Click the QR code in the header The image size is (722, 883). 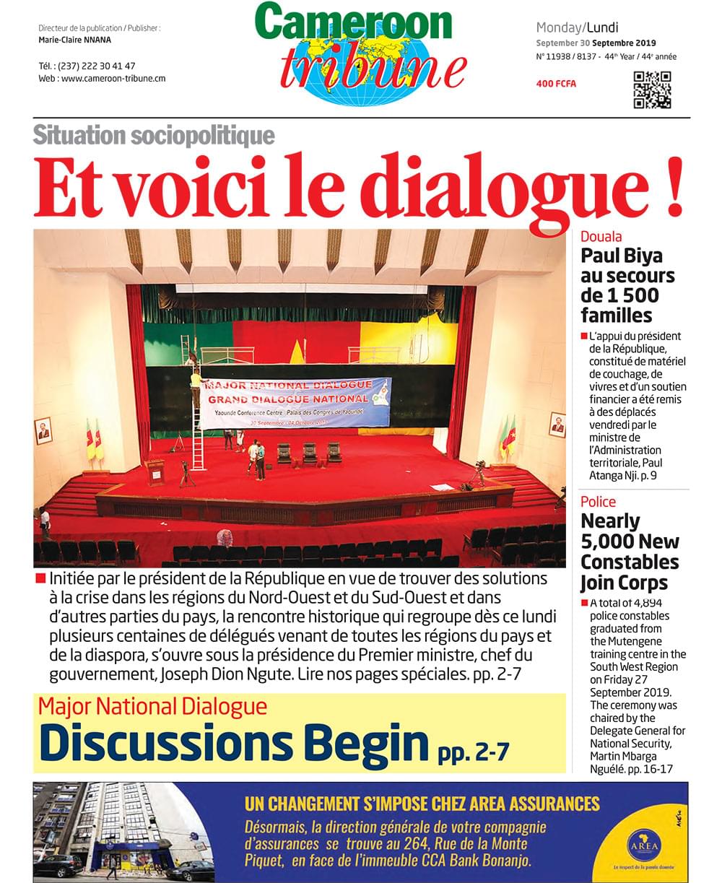coord(652,90)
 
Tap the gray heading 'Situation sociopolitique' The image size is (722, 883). coord(154,134)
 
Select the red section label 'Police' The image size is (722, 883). coord(599,501)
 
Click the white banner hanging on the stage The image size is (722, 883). coord(296,402)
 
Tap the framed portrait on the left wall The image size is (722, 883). coord(43,431)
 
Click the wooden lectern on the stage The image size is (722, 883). coord(155,473)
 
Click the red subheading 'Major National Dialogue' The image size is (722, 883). coord(152,705)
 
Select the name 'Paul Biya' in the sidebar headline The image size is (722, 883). coord(622,256)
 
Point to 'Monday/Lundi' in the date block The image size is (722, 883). coord(577,28)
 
